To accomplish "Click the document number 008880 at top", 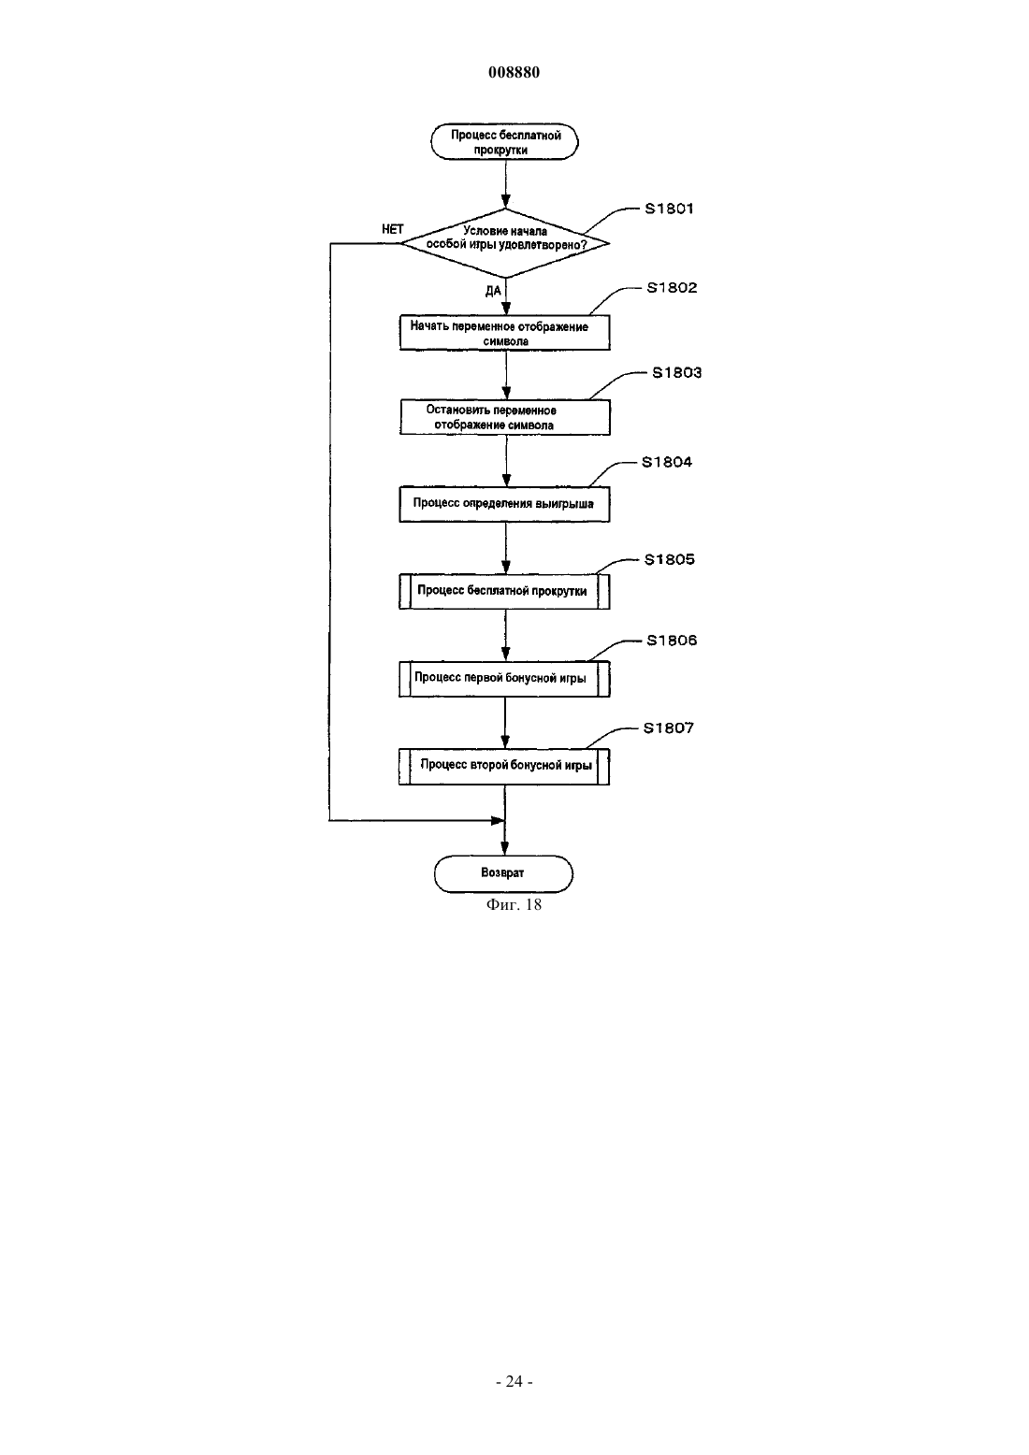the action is click(514, 72).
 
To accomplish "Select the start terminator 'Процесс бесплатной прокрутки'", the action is click(505, 141).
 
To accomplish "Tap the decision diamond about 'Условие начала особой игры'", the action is click(505, 243).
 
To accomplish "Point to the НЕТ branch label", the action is click(392, 229).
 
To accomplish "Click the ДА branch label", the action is click(493, 291).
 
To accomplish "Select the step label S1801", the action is click(669, 209).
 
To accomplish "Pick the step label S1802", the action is click(672, 288).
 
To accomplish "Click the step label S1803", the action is click(677, 373).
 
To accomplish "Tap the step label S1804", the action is click(667, 462).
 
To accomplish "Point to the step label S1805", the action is click(669, 559).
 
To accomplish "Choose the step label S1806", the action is click(672, 641).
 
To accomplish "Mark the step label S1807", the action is click(669, 727).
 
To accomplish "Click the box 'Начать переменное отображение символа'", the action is click(505, 333).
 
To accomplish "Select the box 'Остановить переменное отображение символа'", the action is click(505, 417).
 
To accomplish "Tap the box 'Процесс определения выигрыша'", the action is click(505, 504).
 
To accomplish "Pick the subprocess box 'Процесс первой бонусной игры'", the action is click(505, 679).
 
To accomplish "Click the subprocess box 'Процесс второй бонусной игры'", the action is click(505, 767).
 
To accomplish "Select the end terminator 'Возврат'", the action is click(503, 873).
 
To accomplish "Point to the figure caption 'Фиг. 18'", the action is click(514, 905).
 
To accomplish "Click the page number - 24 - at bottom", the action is click(514, 1382).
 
